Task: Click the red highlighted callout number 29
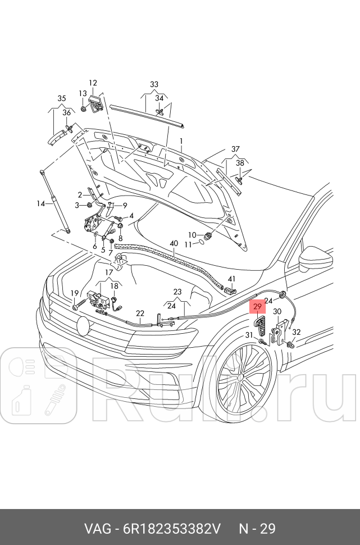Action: pos(257,307)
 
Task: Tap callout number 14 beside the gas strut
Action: pos(40,203)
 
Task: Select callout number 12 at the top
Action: pos(93,83)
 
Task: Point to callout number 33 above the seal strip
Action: pos(154,85)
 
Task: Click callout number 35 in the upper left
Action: pos(62,98)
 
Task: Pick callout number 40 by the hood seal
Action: pos(174,243)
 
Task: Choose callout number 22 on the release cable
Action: pos(140,313)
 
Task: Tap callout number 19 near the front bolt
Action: pos(74,293)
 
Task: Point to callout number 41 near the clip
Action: pos(232,279)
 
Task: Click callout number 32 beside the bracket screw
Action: pos(296,332)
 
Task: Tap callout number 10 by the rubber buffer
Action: pos(192,234)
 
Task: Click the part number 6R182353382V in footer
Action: pos(169,529)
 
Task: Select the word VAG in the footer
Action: pos(97,529)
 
